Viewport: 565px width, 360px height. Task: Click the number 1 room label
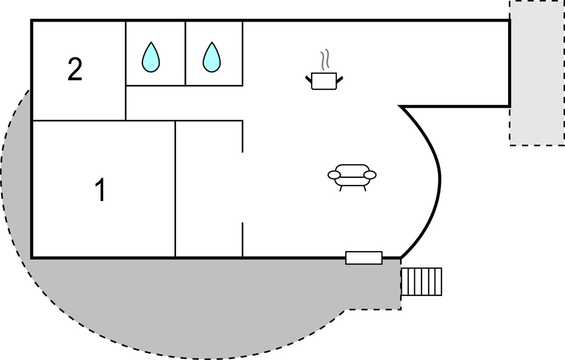tap(100, 190)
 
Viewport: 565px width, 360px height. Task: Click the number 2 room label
tap(75, 70)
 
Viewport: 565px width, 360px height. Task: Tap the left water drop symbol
tap(151, 57)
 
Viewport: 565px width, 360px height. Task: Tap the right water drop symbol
tap(211, 57)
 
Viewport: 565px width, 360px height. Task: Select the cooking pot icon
tap(324, 81)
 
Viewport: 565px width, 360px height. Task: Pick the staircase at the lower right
tap(422, 281)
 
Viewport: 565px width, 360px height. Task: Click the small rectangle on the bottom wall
tap(364, 257)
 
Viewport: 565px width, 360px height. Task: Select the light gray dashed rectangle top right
tap(536, 72)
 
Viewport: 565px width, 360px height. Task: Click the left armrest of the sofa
tap(334, 175)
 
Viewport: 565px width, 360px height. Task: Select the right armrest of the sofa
tap(370, 175)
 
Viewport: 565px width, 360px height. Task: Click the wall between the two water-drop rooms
tap(185, 54)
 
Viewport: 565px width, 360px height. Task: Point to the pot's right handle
tap(339, 80)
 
